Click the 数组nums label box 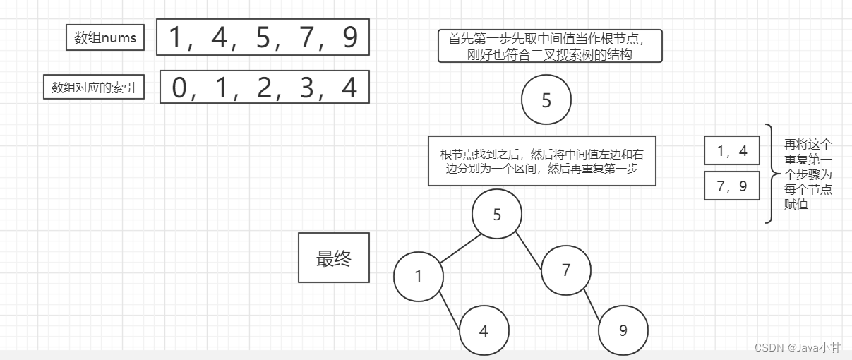point(104,38)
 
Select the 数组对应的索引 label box point(93,88)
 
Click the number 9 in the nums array point(349,38)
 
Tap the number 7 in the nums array point(306,38)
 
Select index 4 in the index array point(349,88)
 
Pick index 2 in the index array point(264,88)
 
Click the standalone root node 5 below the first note point(546,101)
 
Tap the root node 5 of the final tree point(497,215)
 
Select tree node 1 point(419,276)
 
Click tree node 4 point(484,330)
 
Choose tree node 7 point(566,270)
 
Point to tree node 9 point(623,330)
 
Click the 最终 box point(333,258)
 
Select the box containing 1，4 point(731,150)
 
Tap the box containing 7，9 point(731,186)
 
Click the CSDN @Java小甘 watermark point(798,347)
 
